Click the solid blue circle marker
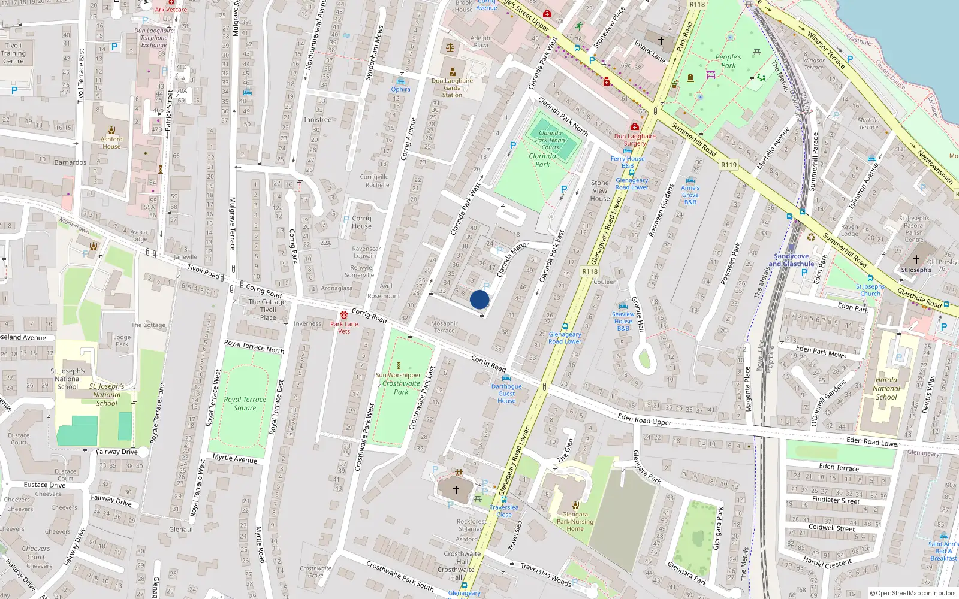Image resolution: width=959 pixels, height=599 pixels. click(479, 299)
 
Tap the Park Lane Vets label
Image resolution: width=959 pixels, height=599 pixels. click(344, 328)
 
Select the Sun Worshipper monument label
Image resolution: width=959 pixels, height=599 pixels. click(398, 375)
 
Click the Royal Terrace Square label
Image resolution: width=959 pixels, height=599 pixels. click(245, 404)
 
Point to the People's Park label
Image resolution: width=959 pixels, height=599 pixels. click(728, 61)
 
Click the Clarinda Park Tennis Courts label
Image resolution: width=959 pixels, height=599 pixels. click(550, 140)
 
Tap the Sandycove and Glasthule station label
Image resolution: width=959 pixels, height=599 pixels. click(791, 260)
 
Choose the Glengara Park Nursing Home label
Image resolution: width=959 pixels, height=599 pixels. click(575, 521)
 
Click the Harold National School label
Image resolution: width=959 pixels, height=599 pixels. click(886, 388)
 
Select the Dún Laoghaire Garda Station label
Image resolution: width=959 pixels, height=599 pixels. click(452, 87)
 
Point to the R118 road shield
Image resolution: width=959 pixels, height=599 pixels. click(590, 271)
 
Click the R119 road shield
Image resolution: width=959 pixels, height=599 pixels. click(729, 165)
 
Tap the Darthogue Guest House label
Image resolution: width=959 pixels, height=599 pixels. click(506, 394)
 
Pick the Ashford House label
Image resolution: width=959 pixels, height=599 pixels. click(111, 143)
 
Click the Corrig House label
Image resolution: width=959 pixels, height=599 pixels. click(361, 222)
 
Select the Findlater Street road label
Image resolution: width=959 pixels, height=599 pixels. click(836, 500)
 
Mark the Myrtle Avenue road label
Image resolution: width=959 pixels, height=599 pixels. click(234, 459)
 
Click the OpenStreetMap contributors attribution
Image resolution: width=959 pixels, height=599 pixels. click(913, 593)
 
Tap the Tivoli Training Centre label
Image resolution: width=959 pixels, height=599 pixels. click(13, 53)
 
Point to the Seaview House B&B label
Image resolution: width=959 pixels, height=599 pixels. click(623, 321)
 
